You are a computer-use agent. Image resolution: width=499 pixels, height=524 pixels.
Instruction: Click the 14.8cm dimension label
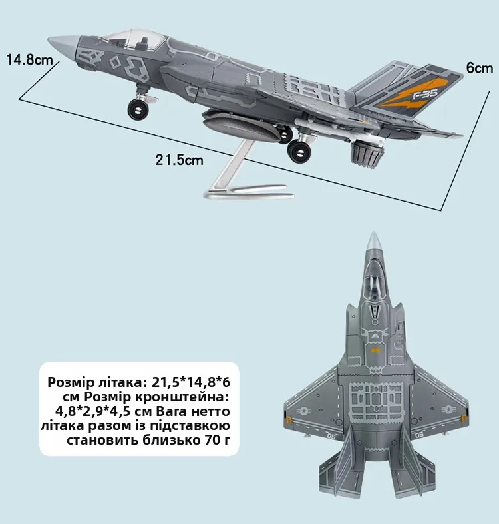tap(29, 60)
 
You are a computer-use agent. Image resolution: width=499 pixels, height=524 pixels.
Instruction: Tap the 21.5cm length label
tap(179, 160)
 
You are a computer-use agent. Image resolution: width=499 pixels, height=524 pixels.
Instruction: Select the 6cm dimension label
tap(479, 68)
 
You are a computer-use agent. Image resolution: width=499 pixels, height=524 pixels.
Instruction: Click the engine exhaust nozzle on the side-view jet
tap(368, 154)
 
